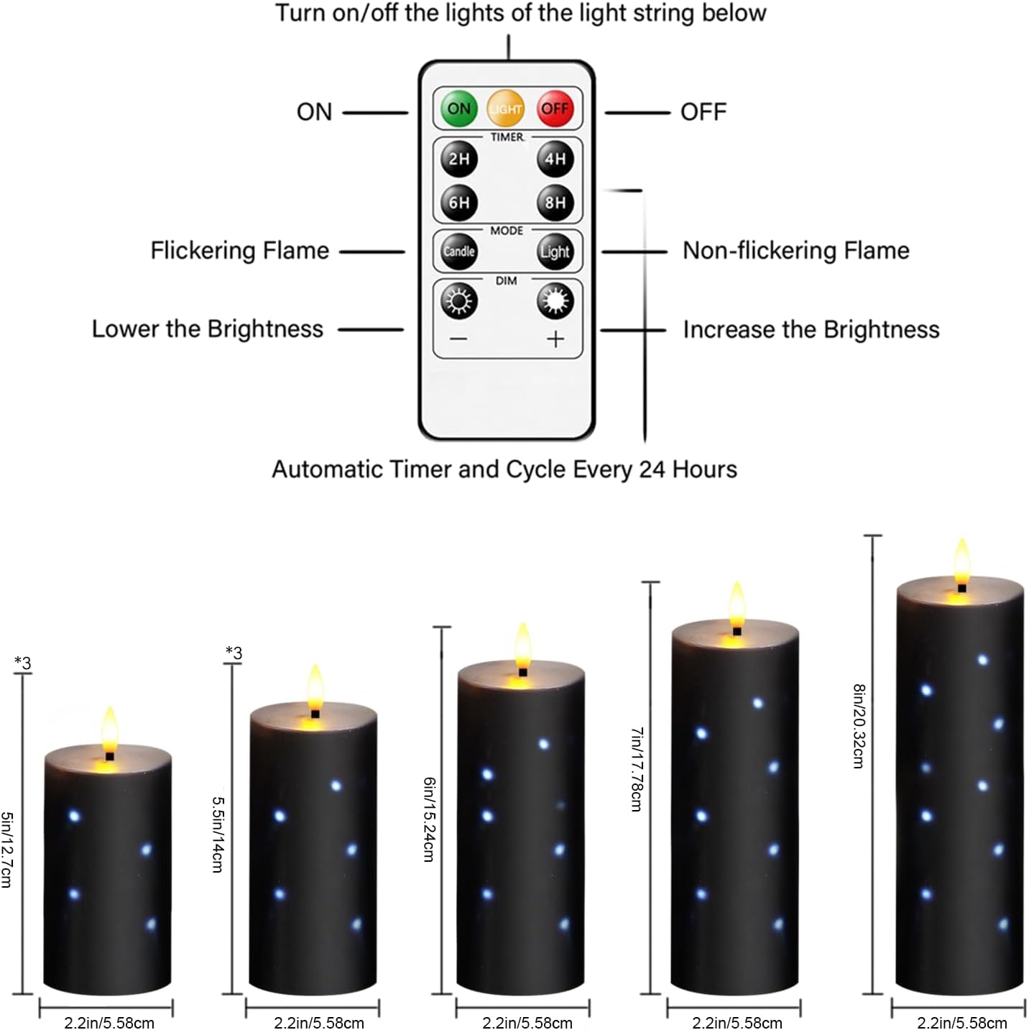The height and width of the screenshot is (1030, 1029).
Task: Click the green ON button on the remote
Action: pos(458,109)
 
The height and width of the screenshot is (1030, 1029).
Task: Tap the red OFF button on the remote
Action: pos(555,109)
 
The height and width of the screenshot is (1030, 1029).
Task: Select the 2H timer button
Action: pos(459,159)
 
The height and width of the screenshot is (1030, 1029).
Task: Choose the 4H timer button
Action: pos(555,159)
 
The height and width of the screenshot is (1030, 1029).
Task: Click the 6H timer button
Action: pos(459,203)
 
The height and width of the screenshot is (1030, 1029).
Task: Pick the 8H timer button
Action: pos(555,203)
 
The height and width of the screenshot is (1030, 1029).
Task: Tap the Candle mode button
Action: pos(459,251)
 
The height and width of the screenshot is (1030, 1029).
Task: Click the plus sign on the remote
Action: pos(555,339)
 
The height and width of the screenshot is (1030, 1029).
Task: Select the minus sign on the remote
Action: pos(459,339)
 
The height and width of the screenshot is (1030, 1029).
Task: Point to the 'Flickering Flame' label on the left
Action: pos(239,251)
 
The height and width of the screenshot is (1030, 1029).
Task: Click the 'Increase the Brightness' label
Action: pos(811,329)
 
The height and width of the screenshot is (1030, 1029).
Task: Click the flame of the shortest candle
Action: pos(109,727)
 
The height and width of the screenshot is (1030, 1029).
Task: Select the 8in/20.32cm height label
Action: pos(858,726)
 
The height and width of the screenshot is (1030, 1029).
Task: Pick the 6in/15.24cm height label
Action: pos(429,819)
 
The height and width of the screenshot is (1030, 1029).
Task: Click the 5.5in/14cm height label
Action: pos(218,833)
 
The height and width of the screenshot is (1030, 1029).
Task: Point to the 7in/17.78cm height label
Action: pos(637,769)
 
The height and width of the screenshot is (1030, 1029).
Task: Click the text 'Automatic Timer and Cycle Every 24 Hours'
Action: pos(504,469)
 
